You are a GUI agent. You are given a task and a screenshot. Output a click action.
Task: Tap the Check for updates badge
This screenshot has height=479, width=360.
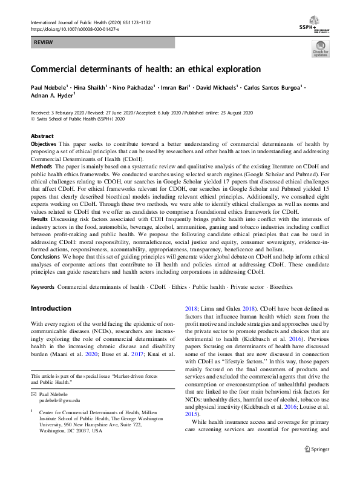(320, 49)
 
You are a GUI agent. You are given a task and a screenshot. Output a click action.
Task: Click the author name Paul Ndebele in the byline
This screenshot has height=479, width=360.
(50, 88)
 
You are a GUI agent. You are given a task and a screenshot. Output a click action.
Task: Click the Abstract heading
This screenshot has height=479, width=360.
(42, 136)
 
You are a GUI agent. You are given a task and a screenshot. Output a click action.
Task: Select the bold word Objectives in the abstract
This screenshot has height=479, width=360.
(44, 144)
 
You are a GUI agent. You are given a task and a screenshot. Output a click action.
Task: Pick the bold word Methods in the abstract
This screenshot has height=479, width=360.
(41, 166)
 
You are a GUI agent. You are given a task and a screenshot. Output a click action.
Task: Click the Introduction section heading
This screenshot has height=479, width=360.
(51, 308)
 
